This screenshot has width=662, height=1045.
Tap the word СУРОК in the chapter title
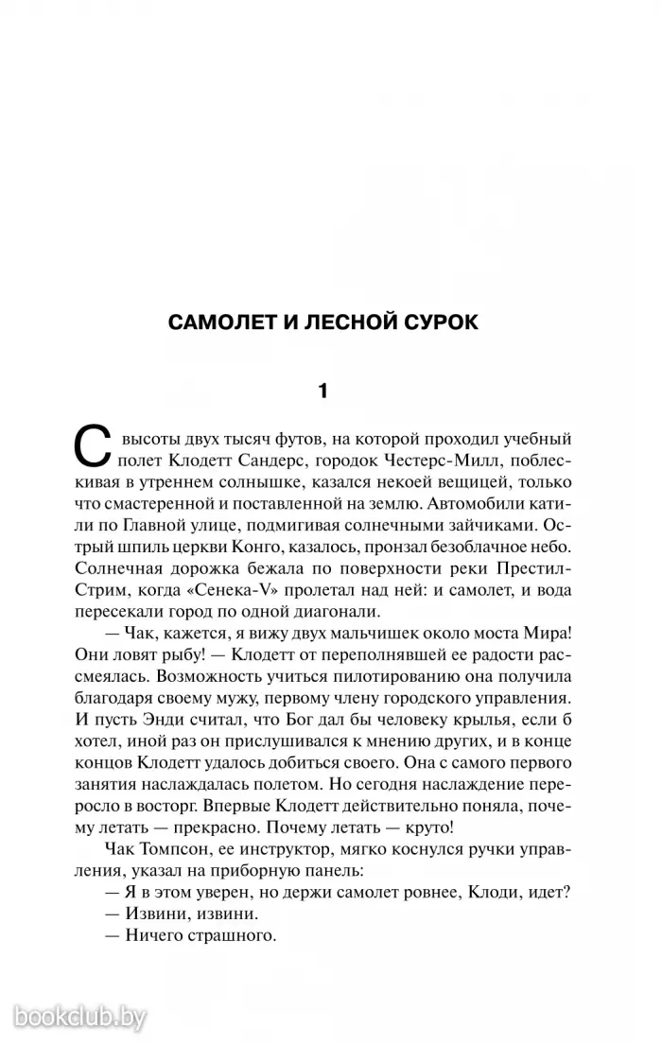(435, 322)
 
